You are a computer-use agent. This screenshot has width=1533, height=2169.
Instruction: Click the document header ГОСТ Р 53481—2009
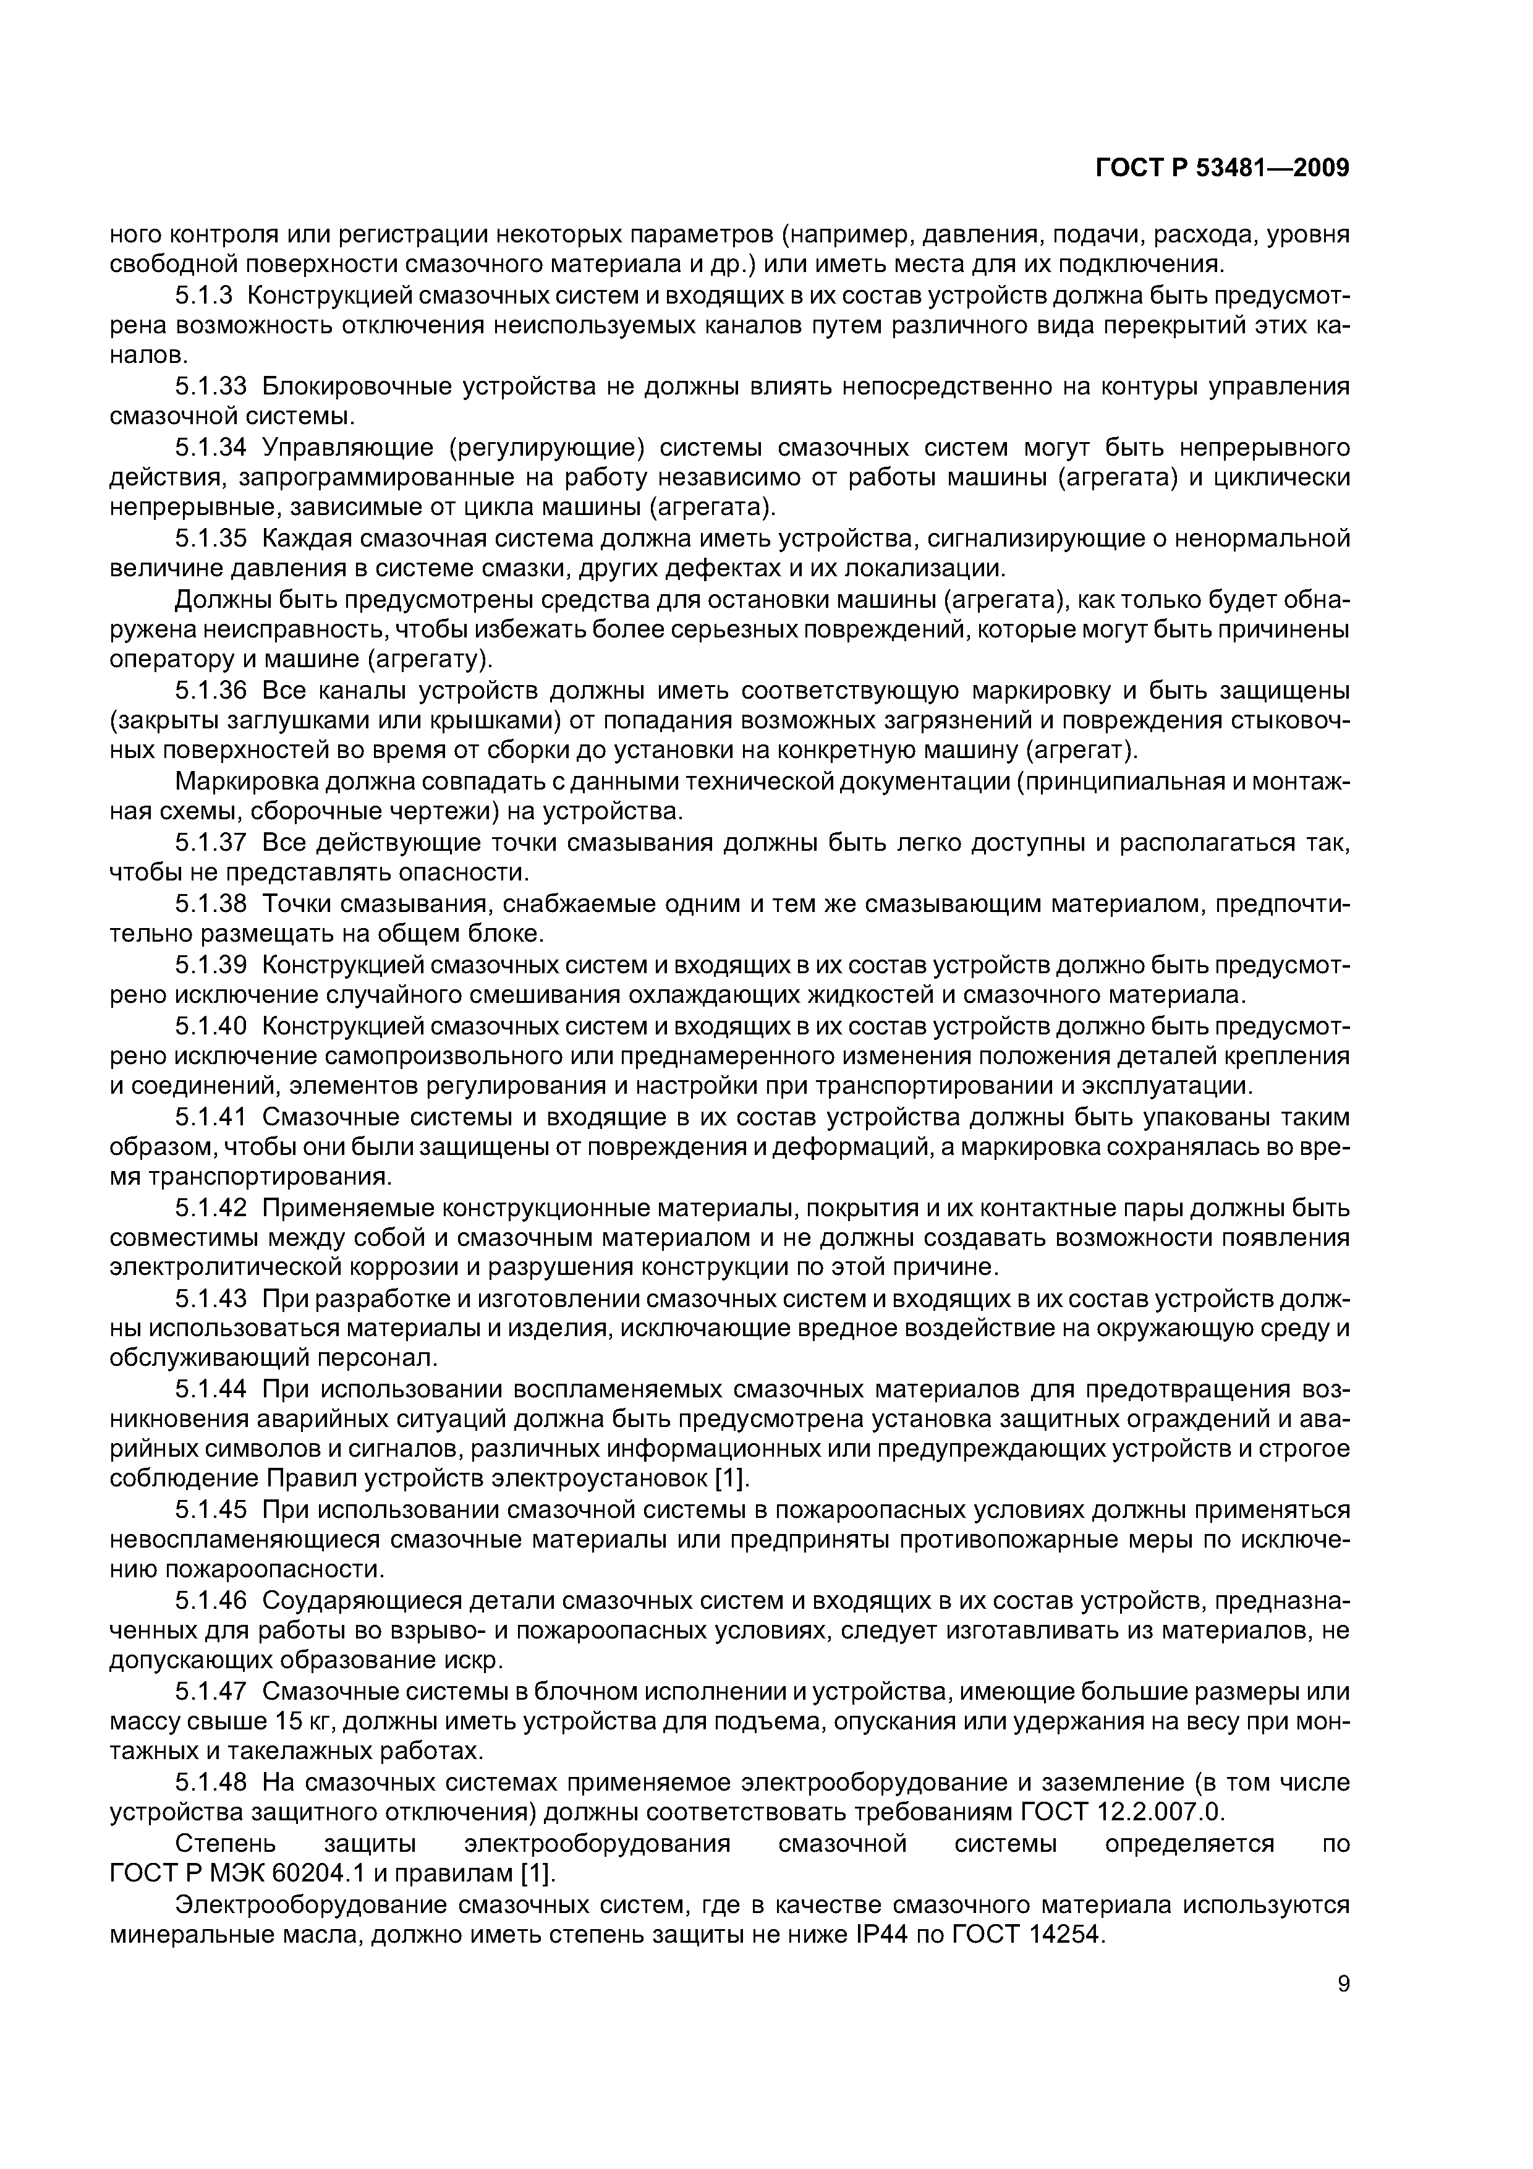pos(1222,169)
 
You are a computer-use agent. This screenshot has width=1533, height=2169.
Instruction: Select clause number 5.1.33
pos(211,386)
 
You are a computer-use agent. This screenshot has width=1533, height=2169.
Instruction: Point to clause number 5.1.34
pos(211,447)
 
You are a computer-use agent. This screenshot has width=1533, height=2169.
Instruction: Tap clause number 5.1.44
pos(211,1390)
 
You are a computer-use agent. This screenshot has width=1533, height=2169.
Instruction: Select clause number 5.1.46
pos(211,1601)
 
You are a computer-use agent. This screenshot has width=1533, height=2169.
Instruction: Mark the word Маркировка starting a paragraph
pos(245,782)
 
